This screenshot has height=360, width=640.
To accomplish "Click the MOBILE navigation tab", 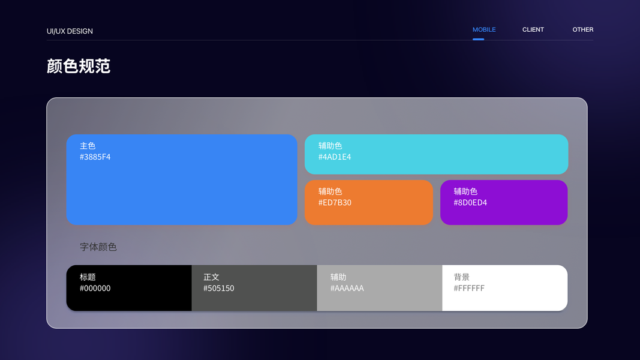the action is [x=484, y=30].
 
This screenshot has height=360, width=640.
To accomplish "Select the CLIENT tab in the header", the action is [x=533, y=30].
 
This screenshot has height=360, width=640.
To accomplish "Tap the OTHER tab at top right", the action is [x=583, y=30].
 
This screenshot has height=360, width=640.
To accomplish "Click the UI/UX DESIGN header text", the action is [x=70, y=31].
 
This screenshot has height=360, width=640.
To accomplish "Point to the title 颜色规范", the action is [x=79, y=66].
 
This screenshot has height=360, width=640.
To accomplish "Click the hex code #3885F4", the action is [x=95, y=157].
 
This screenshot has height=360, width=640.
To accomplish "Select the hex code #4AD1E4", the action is [x=335, y=157].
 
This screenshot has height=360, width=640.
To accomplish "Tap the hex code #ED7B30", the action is [x=335, y=202].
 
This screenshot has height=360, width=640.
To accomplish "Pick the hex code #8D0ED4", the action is [x=470, y=202].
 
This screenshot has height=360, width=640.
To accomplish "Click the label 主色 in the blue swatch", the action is [x=88, y=146].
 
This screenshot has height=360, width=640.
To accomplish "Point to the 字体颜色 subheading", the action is [x=98, y=247].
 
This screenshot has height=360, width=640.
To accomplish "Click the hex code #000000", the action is [x=95, y=288].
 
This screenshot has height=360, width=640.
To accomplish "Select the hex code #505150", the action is [x=219, y=288].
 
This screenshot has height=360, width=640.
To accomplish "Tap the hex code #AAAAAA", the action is [x=347, y=288].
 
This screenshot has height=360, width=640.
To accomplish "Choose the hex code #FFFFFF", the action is [x=469, y=288].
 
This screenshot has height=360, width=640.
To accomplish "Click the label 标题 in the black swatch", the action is [x=88, y=277].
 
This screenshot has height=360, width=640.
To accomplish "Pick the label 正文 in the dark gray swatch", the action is [x=211, y=277].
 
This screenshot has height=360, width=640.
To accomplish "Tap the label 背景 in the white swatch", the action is [x=462, y=277].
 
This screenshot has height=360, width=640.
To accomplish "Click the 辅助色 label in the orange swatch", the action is [x=330, y=191].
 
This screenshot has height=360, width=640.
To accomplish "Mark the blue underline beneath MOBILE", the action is [x=479, y=39].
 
